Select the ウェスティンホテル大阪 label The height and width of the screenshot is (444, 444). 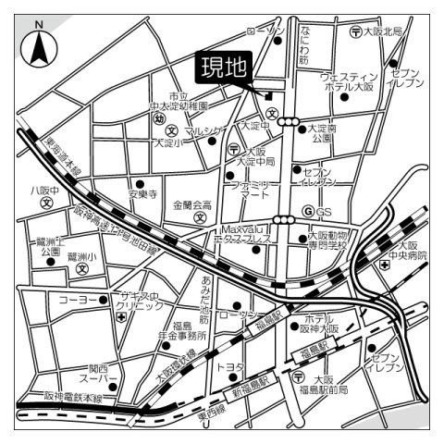pyautogui.click(x=348, y=80)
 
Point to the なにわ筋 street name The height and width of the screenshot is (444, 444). pyautogui.click(x=303, y=45)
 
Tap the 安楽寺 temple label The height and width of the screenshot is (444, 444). pyautogui.click(x=143, y=194)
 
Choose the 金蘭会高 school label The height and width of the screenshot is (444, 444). pyautogui.click(x=191, y=205)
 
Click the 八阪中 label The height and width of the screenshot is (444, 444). pyautogui.click(x=43, y=191)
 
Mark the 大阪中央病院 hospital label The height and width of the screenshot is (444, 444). pyautogui.click(x=407, y=251)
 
